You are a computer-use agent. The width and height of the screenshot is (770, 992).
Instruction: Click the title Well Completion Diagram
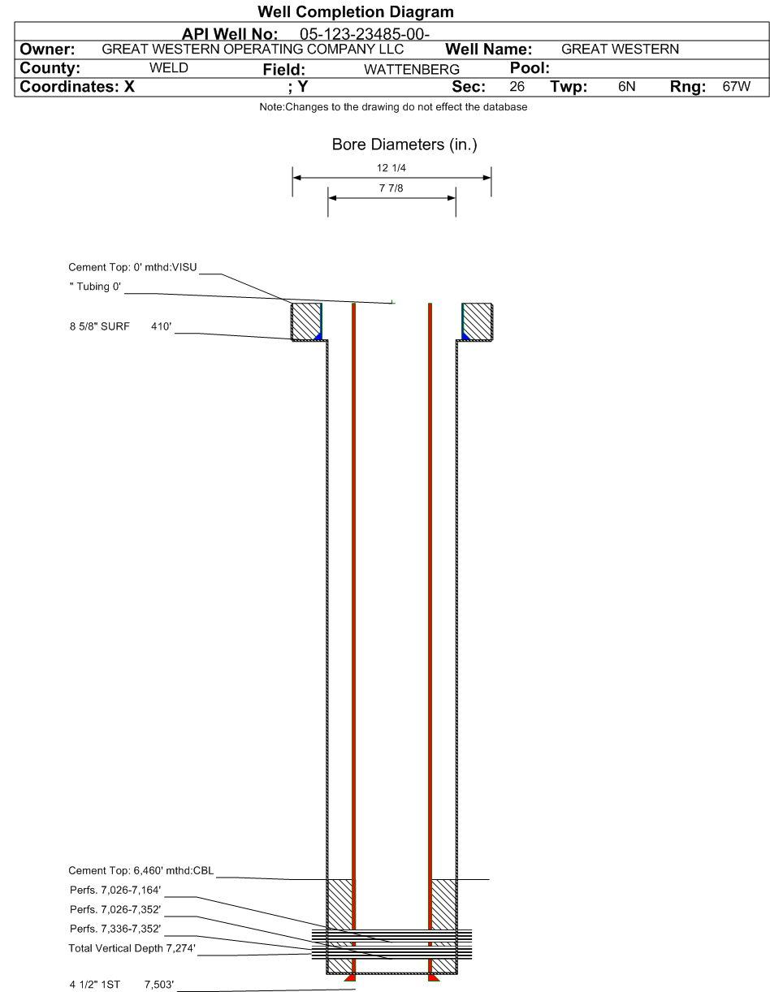pyautogui.click(x=355, y=12)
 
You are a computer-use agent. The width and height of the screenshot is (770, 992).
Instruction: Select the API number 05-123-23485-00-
pyautogui.click(x=365, y=34)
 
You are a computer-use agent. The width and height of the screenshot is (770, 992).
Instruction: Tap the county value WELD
pyautogui.click(x=168, y=68)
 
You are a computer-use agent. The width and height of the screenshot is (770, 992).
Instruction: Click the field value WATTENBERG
pyautogui.click(x=412, y=69)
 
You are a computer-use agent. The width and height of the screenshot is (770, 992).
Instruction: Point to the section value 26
pyautogui.click(x=517, y=86)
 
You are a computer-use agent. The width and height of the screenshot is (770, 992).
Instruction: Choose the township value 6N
pyautogui.click(x=626, y=86)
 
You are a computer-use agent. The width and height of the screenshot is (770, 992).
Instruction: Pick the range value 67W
pyautogui.click(x=736, y=86)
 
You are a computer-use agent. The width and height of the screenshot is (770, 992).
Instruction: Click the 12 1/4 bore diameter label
pyautogui.click(x=391, y=168)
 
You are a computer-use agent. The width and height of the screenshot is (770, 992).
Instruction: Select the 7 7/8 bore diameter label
pyautogui.click(x=391, y=188)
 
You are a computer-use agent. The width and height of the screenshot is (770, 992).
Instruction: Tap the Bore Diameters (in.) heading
pyautogui.click(x=404, y=144)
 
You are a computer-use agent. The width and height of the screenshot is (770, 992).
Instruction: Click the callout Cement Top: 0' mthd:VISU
pyautogui.click(x=132, y=267)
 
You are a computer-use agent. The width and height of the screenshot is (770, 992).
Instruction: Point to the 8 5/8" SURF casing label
pyautogui.click(x=100, y=326)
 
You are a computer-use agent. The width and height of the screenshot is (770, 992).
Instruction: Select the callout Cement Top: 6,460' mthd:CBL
pyautogui.click(x=141, y=870)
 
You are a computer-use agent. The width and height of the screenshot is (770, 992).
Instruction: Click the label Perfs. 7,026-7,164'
pyautogui.click(x=115, y=891)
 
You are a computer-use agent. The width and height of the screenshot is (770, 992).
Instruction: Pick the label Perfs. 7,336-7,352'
pyautogui.click(x=115, y=929)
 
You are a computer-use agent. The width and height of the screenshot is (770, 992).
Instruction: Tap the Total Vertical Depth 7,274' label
pyautogui.click(x=132, y=948)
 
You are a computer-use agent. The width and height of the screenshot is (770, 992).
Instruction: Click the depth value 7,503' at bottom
pyautogui.click(x=159, y=985)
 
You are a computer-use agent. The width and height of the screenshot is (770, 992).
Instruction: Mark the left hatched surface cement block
pyautogui.click(x=306, y=321)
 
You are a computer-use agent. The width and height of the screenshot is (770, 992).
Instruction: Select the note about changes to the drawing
pyautogui.click(x=393, y=107)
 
